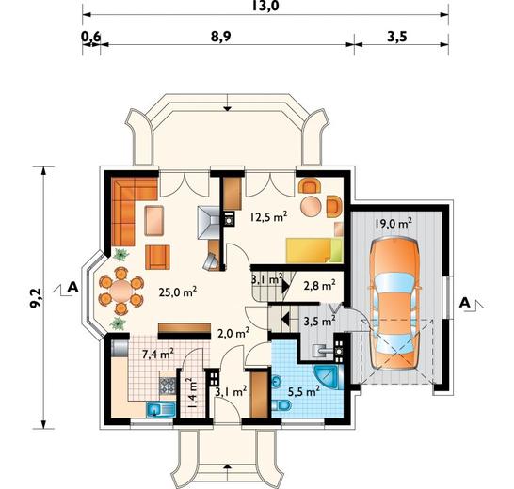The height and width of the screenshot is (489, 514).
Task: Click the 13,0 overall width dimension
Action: click(x=265, y=6)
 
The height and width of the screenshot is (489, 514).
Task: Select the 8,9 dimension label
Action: click(x=220, y=37)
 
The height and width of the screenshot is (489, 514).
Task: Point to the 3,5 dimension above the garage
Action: click(x=397, y=37)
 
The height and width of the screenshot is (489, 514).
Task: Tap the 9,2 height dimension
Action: click(x=36, y=298)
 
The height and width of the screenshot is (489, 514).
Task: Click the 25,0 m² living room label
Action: click(x=178, y=292)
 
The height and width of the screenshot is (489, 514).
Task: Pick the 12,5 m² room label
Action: click(x=269, y=216)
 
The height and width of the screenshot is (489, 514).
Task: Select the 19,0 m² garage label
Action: click(x=394, y=224)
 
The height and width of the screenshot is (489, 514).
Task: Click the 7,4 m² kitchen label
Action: click(x=158, y=355)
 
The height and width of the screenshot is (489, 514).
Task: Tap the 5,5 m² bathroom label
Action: click(x=304, y=391)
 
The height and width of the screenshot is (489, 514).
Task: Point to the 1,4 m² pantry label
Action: click(x=191, y=393)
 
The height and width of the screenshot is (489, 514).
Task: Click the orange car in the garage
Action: click(x=394, y=304)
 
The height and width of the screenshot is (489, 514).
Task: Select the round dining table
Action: click(x=121, y=291)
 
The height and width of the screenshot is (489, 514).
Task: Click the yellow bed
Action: click(x=314, y=250)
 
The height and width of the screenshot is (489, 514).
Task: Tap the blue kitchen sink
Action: click(x=161, y=410)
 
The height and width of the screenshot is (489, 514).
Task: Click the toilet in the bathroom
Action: click(x=281, y=406)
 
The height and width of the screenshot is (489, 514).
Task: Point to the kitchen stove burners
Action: click(x=168, y=386)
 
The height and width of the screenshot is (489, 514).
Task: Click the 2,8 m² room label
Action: click(x=320, y=286)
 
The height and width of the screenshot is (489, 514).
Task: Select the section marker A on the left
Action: click(x=72, y=287)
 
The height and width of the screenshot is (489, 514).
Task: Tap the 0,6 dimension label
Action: click(x=90, y=37)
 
